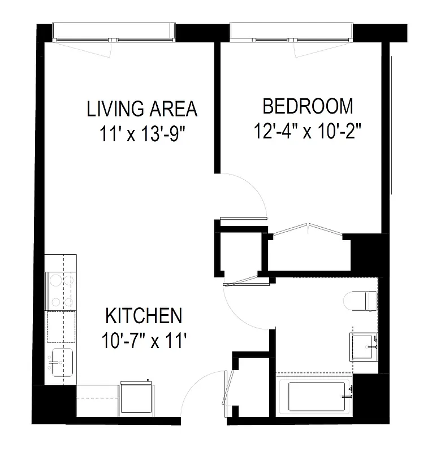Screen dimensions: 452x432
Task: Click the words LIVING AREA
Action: [142, 108]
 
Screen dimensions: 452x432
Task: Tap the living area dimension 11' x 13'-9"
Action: [142, 135]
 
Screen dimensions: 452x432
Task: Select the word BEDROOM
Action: [308, 106]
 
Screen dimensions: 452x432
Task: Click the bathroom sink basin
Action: [362, 345]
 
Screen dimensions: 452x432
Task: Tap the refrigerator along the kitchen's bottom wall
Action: [137, 398]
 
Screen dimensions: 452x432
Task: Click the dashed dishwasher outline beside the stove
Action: [61, 327]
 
